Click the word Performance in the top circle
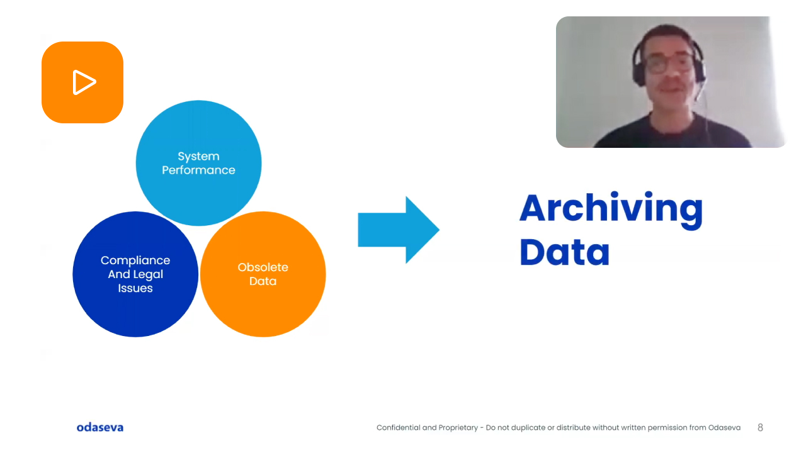click(x=198, y=170)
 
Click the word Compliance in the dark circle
click(x=135, y=260)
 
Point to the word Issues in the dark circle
click(x=135, y=288)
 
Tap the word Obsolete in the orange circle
click(x=263, y=267)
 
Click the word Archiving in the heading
click(x=611, y=208)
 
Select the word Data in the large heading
click(x=564, y=252)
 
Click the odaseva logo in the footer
click(x=100, y=428)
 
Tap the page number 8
click(x=760, y=428)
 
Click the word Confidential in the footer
click(x=399, y=428)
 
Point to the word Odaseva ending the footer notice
click(x=724, y=428)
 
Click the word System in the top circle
click(x=198, y=156)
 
